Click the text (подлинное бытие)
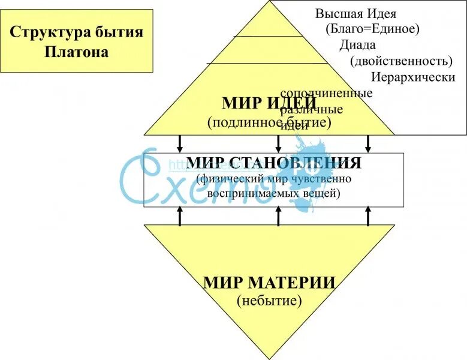269,122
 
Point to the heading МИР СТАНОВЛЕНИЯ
273,163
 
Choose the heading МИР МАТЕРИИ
269,282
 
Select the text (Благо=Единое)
373,28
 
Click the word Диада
357,45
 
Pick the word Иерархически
413,77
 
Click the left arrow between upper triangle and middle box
179,143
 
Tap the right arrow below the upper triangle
368,143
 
